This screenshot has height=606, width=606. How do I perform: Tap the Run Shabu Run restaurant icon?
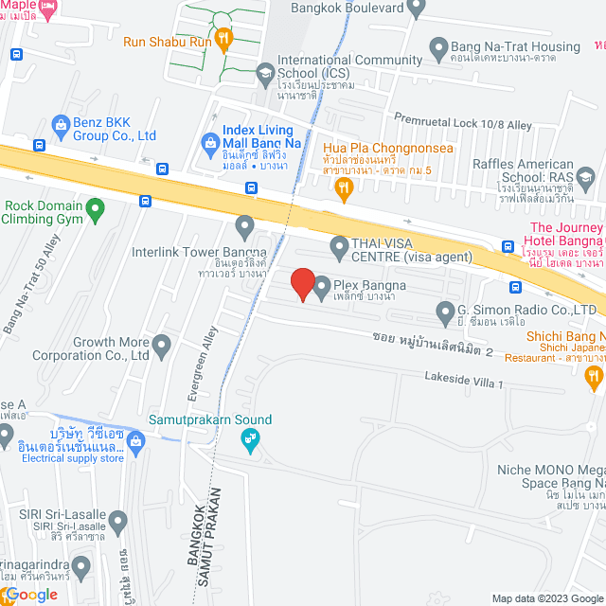223,39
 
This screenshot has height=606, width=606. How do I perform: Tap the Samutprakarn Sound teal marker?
250,438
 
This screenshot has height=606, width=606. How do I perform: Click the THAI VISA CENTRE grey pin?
339,249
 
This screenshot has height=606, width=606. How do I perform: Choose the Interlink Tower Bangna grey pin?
245,226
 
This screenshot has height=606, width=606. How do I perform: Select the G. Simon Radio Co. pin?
446,311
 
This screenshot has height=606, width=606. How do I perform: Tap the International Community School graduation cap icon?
265,71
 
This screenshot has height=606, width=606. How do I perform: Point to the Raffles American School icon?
585,176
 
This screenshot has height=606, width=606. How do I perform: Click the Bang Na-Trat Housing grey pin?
438,46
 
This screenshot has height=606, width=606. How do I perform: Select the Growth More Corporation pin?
162,347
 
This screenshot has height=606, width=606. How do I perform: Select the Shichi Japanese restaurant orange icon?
595,379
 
